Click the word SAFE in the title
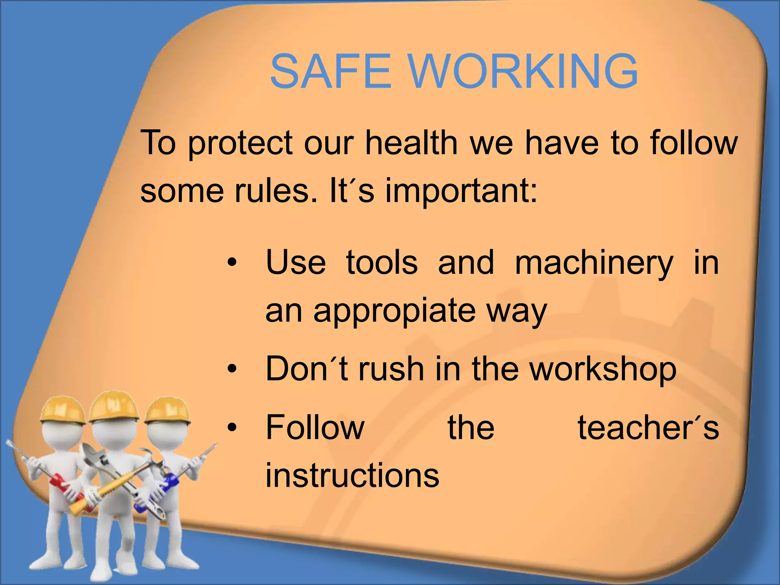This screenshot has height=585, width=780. click(330, 72)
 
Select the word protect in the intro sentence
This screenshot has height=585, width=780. click(241, 144)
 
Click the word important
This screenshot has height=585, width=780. click(461, 192)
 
